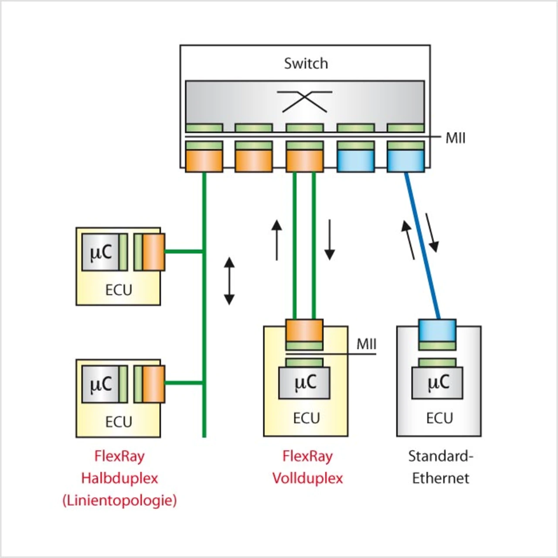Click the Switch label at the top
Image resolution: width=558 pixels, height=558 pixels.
coord(306,64)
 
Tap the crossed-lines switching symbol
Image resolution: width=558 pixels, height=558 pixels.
coord(305,102)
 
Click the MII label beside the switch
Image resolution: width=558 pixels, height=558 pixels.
coord(455,138)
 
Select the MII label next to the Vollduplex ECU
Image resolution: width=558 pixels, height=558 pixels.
coord(366,344)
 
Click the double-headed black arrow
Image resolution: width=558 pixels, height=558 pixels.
coord(229,281)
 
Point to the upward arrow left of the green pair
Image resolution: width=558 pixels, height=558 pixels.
coord(277,240)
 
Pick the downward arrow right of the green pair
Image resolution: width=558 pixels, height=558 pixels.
coord(330,240)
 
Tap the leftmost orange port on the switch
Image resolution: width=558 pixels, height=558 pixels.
coord(204,161)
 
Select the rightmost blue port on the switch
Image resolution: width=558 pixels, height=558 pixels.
coord(406,161)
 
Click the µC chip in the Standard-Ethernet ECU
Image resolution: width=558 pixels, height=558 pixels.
coord(438,383)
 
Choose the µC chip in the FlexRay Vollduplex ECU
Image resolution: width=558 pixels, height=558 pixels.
coord(305,383)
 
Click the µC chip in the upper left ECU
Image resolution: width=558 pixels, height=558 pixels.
coord(101,252)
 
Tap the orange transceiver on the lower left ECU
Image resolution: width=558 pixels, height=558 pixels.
coord(153,384)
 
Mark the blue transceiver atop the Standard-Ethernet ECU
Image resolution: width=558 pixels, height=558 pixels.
coord(437,330)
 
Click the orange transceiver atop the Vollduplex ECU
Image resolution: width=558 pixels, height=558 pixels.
coord(304,330)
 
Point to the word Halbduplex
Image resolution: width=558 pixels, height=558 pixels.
coord(119,478)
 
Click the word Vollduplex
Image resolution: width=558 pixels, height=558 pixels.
coord(307,478)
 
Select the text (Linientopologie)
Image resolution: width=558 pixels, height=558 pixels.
coord(119,500)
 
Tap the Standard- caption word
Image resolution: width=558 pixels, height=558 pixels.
coord(440,456)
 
